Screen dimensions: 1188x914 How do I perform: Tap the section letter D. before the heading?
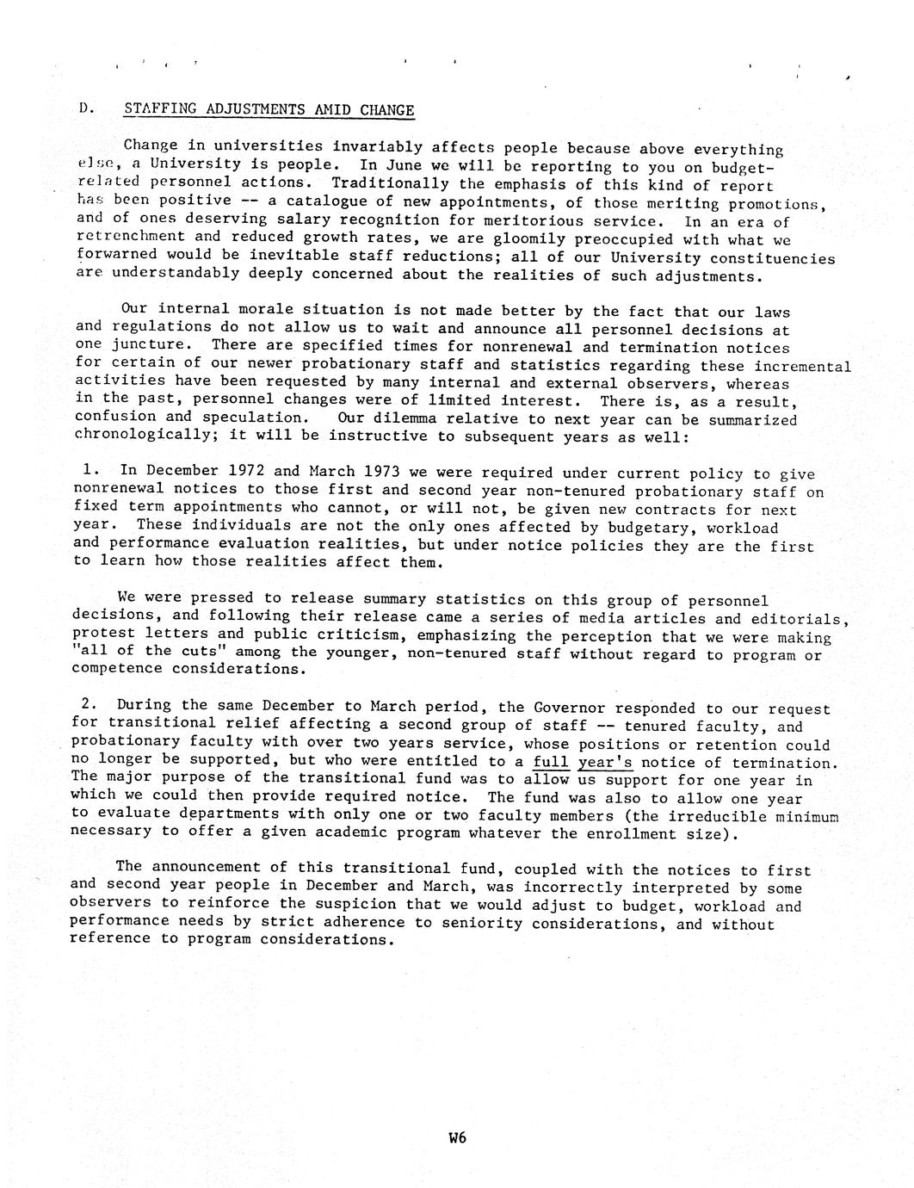[x=84, y=108]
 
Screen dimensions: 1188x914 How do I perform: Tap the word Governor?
[x=570, y=708]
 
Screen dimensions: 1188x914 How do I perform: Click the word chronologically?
[x=146, y=436]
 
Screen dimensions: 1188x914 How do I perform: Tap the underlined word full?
[x=551, y=763]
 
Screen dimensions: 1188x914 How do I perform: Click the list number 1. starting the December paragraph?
[x=92, y=470]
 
